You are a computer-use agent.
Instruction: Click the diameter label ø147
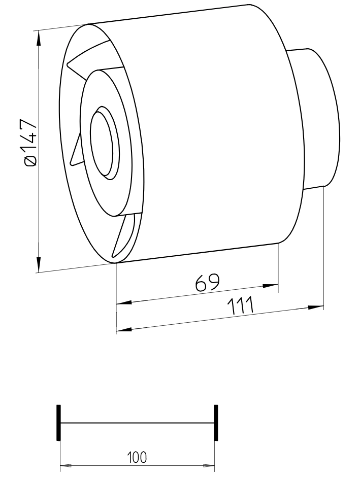coord(31,143)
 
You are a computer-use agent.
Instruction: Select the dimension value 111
coord(241,306)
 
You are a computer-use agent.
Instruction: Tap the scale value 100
coord(137,457)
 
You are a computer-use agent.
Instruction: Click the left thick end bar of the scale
coord(58,423)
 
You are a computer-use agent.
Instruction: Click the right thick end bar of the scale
coord(216,423)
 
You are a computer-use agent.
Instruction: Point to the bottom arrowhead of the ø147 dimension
coord(39,264)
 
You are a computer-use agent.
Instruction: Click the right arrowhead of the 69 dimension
coord(271,286)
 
